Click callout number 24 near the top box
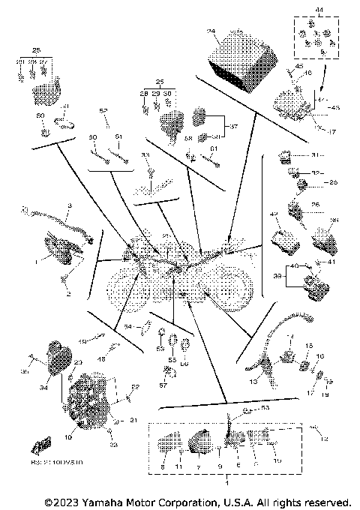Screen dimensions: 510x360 pyautogui.click(x=211, y=31)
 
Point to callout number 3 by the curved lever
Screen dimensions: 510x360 pyautogui.click(x=70, y=205)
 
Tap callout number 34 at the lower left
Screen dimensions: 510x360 pyautogui.click(x=43, y=389)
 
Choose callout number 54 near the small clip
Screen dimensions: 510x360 pyautogui.click(x=128, y=327)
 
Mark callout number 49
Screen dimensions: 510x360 pyautogui.click(x=84, y=341)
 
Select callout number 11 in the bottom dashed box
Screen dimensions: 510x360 pyautogui.click(x=179, y=466)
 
